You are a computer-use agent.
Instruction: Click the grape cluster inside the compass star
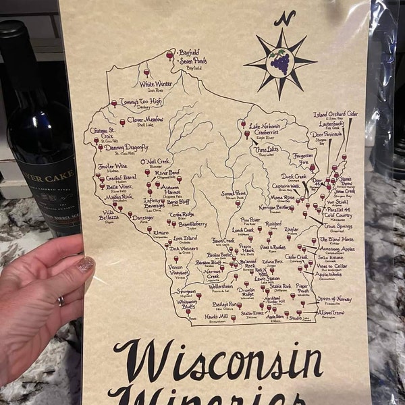point(279,62)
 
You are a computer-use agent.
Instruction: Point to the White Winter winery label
point(156,85)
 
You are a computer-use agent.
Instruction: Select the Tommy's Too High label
point(140,103)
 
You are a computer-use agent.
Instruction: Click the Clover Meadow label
point(145,120)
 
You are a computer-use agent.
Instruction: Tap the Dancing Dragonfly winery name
point(126,148)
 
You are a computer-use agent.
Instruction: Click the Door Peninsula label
point(327,134)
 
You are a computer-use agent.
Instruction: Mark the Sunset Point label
point(234,194)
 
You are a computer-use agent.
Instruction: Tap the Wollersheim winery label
point(221,286)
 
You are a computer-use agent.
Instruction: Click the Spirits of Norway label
point(334,298)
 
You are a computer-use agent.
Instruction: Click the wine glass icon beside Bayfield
point(170,55)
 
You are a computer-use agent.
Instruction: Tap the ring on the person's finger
point(61,301)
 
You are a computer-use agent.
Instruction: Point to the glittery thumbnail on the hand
point(85,264)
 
